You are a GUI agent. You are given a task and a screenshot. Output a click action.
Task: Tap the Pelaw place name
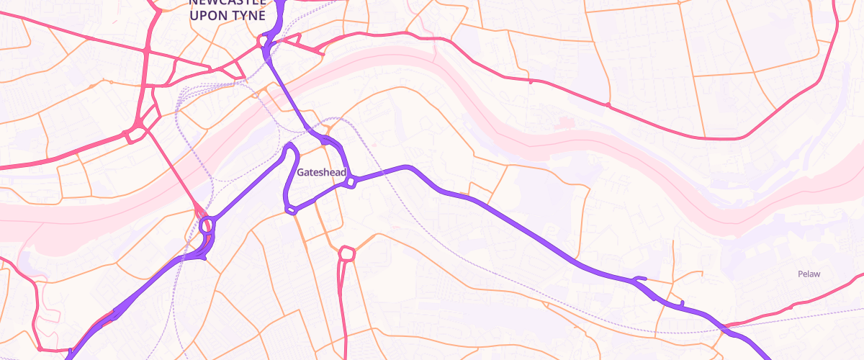click(x=809, y=274)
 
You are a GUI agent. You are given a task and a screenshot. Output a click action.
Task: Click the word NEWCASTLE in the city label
click(x=227, y=2)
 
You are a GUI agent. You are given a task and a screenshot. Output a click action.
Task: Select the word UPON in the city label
click(x=211, y=15)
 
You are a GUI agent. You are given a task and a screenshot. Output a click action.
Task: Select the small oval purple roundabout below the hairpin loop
click(x=291, y=210)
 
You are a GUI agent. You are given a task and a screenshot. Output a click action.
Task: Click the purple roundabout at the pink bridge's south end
click(x=207, y=225)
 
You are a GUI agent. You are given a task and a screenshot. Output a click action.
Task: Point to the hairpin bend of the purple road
click(x=292, y=147)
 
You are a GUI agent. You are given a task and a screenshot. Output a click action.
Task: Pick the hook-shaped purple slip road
click(x=639, y=279)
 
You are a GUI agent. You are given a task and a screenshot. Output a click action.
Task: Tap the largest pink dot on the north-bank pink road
click(x=608, y=105)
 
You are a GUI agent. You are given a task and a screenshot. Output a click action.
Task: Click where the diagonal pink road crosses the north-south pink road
click(x=147, y=52)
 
